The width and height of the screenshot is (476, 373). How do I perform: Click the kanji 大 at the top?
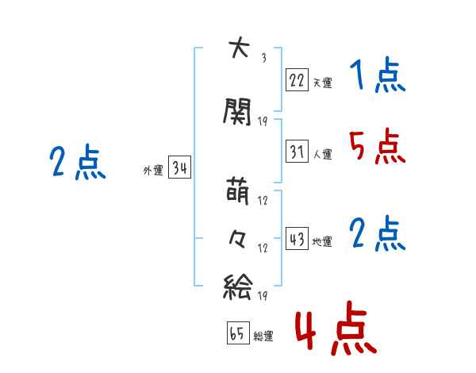pyautogui.click(x=239, y=48)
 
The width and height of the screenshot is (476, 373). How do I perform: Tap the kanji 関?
pyautogui.click(x=237, y=111)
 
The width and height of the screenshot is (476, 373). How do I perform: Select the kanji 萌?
pyautogui.click(x=238, y=191)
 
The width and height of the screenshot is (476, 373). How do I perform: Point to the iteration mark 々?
pyautogui.click(x=237, y=239)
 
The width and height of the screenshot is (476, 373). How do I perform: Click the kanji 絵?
pyautogui.click(x=238, y=286)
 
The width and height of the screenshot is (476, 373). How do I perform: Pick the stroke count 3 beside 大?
pyautogui.click(x=264, y=58)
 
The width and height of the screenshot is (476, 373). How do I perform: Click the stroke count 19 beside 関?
pyautogui.click(x=263, y=121)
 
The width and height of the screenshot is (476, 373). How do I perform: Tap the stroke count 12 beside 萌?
pyautogui.click(x=263, y=201)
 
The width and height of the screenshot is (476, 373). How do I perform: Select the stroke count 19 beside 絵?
pyautogui.click(x=263, y=295)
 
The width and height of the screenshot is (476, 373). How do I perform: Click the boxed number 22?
pyautogui.click(x=297, y=80)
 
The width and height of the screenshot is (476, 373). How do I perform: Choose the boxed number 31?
pyautogui.click(x=297, y=151)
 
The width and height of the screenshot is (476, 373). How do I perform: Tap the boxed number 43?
pyautogui.click(x=297, y=238)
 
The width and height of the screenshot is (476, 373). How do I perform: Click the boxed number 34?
pyautogui.click(x=180, y=167)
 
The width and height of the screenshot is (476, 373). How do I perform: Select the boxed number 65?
pyautogui.click(x=238, y=333)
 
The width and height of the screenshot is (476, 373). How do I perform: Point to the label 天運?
pyautogui.click(x=322, y=83)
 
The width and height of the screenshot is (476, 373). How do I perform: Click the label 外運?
pyautogui.click(x=153, y=171)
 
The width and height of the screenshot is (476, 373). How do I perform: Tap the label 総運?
pyautogui.click(x=263, y=336)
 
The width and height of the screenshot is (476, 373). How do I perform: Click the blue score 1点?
pyautogui.click(x=378, y=75)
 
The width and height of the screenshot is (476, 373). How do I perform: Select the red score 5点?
pyautogui.click(x=378, y=146)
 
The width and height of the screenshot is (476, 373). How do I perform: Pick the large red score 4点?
pyautogui.click(x=336, y=328)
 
